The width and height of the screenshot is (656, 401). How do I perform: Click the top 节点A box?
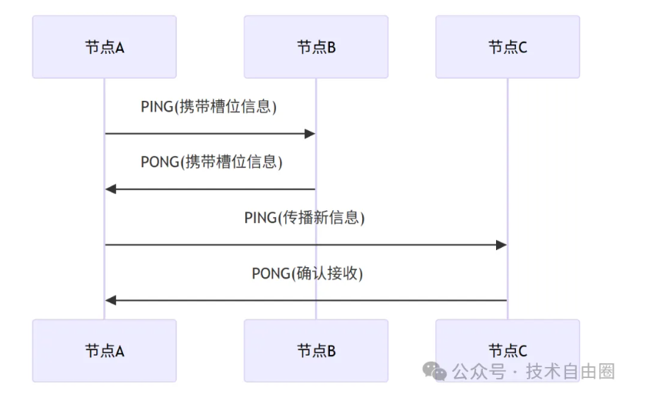tap(104, 47)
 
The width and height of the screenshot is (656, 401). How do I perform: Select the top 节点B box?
tap(316, 47)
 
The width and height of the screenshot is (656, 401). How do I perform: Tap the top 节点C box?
tap(508, 47)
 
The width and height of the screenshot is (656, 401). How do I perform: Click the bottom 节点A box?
tap(104, 351)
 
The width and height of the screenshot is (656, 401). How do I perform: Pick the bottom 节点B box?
tap(316, 351)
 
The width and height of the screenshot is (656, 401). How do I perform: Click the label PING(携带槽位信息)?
tap(208, 107)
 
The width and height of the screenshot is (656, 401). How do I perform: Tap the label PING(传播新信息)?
tap(305, 218)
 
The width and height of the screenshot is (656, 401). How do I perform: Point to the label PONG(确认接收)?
tap(307, 273)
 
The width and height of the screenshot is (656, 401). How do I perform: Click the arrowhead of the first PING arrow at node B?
tap(310, 134)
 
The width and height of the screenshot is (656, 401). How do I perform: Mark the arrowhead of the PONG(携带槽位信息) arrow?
tap(111, 189)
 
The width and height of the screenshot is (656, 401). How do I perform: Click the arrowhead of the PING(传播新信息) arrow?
tap(501, 245)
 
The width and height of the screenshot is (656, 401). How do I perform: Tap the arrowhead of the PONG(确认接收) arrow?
tap(111, 300)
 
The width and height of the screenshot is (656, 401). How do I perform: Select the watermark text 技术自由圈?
tap(571, 373)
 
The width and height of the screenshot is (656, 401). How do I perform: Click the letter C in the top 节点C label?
tap(523, 48)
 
